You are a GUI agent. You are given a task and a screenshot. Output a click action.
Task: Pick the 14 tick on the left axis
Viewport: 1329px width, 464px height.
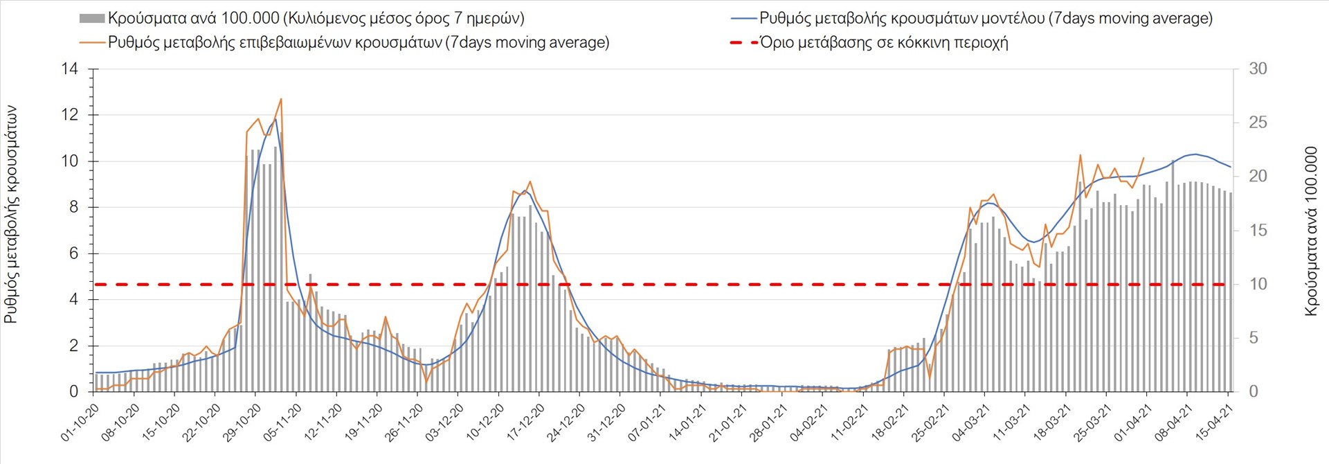tap(69, 69)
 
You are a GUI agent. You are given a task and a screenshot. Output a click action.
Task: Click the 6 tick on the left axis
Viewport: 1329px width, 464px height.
tap(73, 253)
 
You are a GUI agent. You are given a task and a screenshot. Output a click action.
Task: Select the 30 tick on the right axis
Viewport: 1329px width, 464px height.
tap(1258, 69)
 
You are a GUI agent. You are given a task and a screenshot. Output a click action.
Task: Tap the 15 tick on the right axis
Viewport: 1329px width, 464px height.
tap(1258, 231)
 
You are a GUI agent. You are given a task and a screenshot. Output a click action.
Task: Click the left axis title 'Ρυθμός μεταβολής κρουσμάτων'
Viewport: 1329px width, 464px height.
tap(11, 215)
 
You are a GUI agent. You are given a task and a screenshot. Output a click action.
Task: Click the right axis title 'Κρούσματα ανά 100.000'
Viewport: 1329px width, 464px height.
tap(1310, 231)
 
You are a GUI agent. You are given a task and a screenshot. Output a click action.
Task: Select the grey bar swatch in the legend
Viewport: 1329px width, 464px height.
tap(91, 19)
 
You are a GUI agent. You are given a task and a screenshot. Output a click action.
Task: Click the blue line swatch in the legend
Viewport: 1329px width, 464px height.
tap(743, 19)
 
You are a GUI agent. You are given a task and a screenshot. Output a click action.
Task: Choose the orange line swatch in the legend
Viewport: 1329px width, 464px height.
tap(91, 42)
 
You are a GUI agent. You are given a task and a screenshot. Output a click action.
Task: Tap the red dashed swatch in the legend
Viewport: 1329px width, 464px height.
tap(743, 43)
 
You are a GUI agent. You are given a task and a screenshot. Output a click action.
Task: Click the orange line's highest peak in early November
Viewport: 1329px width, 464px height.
tap(281, 99)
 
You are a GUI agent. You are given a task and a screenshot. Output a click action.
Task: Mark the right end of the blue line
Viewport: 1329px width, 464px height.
tap(1230, 167)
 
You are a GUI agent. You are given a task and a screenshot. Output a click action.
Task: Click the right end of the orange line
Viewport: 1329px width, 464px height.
tap(1143, 158)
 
